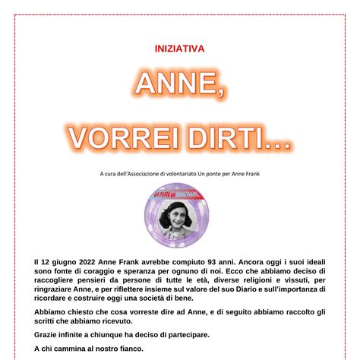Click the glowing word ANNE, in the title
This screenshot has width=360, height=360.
click(x=179, y=84)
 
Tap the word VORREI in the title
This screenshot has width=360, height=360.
click(x=119, y=138)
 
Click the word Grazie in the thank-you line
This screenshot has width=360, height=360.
click(x=47, y=335)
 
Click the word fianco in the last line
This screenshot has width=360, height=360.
click(x=126, y=349)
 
